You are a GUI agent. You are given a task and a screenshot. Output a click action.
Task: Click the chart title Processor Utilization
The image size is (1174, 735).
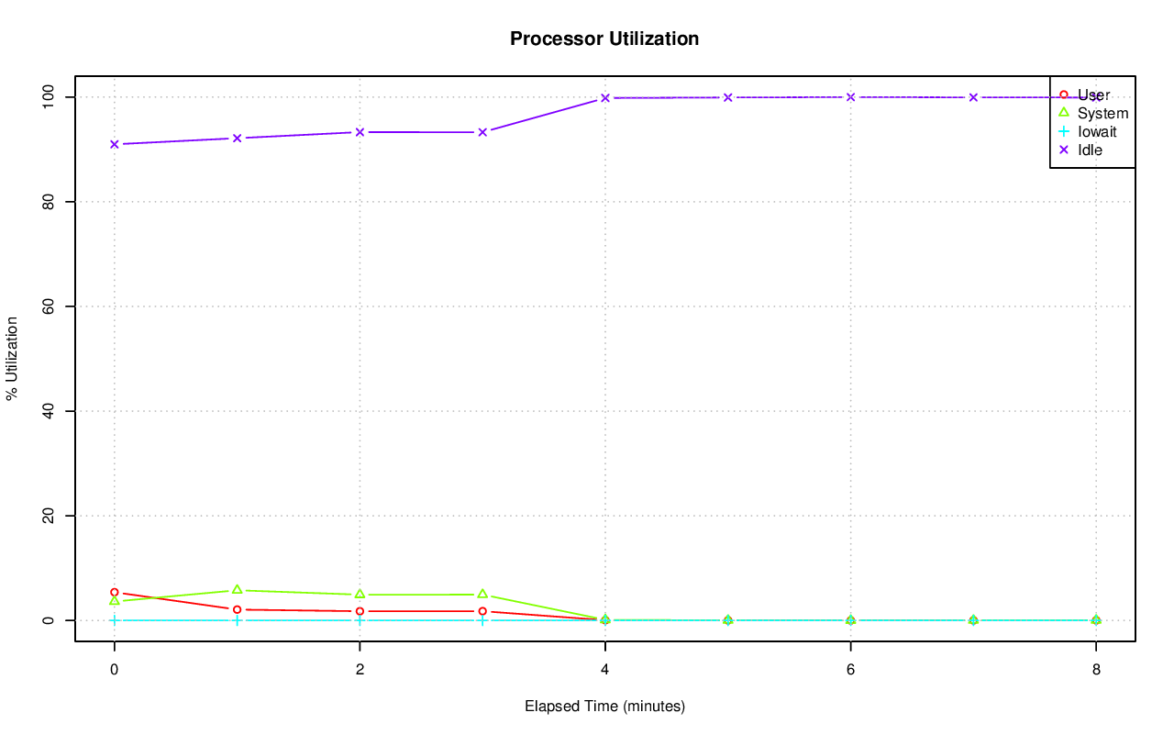(604, 39)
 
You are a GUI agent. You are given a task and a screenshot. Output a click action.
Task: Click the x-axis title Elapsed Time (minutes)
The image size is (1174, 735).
(604, 707)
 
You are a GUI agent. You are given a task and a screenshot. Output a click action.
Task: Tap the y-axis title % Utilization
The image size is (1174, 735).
(12, 358)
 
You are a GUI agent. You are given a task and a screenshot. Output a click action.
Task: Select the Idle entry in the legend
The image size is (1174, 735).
(1090, 150)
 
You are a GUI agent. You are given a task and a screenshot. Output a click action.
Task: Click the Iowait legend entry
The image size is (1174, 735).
(1097, 131)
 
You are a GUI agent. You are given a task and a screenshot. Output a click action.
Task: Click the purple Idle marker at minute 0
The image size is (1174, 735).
(114, 144)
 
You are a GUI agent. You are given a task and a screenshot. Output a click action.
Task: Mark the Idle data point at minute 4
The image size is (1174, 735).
(605, 98)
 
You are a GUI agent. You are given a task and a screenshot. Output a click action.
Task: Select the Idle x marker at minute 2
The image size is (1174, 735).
(360, 132)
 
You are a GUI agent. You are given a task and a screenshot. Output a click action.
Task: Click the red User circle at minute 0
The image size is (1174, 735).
(114, 593)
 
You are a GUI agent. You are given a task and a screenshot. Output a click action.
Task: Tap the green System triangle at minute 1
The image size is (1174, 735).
(237, 590)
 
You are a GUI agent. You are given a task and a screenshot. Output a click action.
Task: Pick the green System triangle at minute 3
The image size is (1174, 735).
(482, 595)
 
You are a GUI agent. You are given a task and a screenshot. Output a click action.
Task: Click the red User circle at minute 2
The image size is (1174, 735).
(360, 611)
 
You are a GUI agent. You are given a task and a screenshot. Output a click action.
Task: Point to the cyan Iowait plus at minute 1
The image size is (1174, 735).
(237, 620)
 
